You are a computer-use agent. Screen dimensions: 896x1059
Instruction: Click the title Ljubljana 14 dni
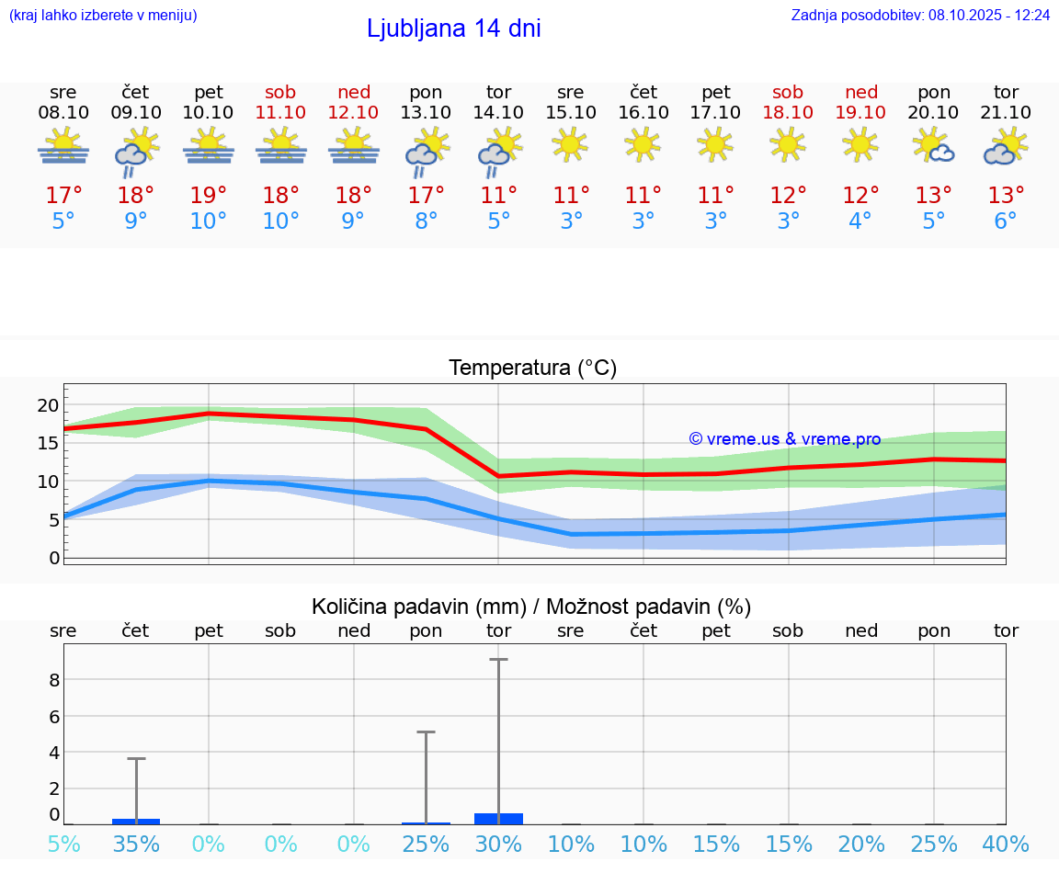pyautogui.click(x=453, y=28)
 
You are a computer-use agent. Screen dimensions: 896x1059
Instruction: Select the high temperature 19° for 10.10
pyautogui.click(x=209, y=196)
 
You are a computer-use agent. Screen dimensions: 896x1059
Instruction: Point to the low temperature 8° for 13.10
pyautogui.click(x=426, y=221)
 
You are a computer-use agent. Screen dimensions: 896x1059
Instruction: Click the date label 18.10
pyautogui.click(x=788, y=112)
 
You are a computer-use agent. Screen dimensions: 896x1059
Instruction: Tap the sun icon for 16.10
pyautogui.click(x=643, y=144)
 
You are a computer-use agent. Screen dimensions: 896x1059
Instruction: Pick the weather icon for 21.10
pyautogui.click(x=1006, y=147)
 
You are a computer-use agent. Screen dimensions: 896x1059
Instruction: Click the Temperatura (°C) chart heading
pyautogui.click(x=532, y=369)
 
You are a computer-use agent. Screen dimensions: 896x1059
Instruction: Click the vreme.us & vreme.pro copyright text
pyautogui.click(x=785, y=439)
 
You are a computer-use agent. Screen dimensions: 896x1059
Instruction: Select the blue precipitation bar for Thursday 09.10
pyautogui.click(x=136, y=821)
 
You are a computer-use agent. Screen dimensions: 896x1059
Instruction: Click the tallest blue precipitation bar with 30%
pyautogui.click(x=498, y=818)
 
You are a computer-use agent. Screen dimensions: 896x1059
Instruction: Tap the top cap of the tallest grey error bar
pyautogui.click(x=498, y=659)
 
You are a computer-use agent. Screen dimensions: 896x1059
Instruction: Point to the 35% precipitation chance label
pyautogui.click(x=136, y=845)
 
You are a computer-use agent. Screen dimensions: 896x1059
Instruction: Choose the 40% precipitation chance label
pyautogui.click(x=1006, y=845)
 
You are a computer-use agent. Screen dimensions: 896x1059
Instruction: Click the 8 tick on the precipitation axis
pyautogui.click(x=54, y=680)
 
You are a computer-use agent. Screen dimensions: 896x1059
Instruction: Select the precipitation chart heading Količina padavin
pyautogui.click(x=531, y=607)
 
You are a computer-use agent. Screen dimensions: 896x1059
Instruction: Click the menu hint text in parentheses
pyautogui.click(x=103, y=16)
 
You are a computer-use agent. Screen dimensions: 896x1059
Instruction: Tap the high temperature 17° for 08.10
pyautogui.click(x=63, y=196)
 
